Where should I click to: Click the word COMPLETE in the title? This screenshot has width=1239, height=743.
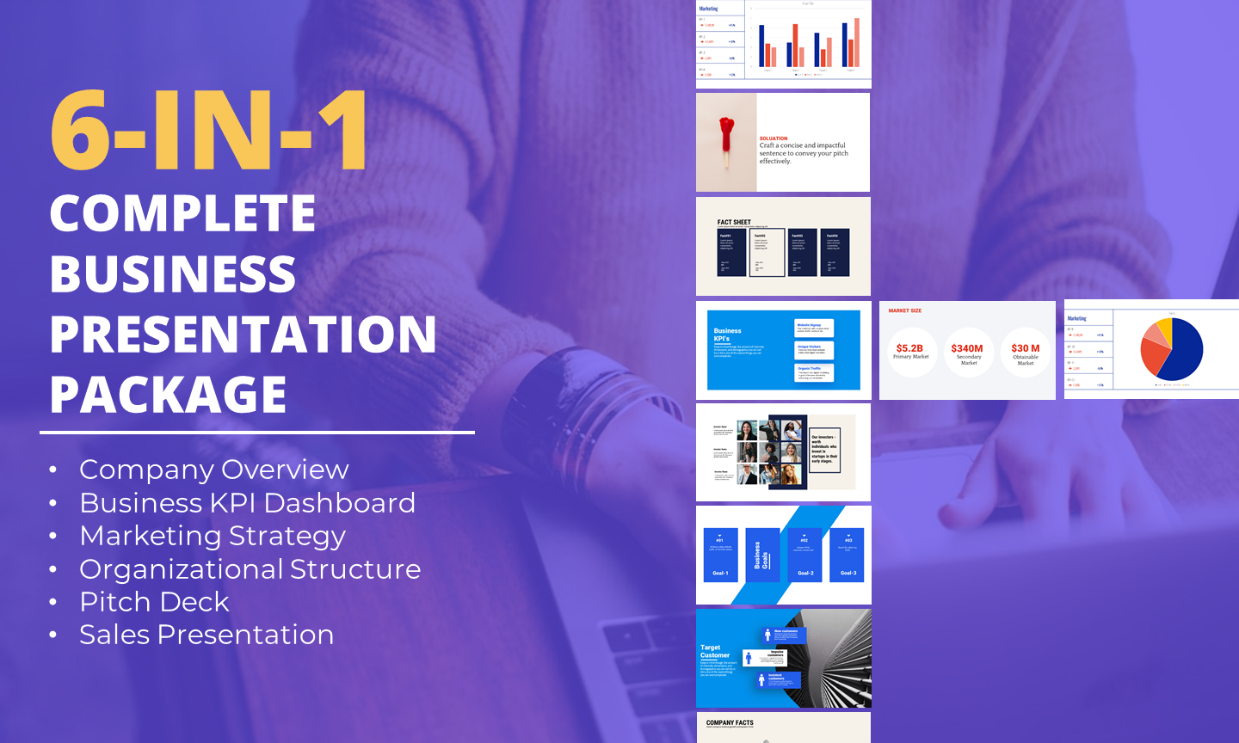(x=182, y=213)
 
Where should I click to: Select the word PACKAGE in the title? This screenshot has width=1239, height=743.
(x=168, y=395)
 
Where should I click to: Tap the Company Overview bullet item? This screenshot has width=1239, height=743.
(x=213, y=470)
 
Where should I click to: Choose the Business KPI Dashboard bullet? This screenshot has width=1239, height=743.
(x=247, y=503)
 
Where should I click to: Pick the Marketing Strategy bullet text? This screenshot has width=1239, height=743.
(x=213, y=536)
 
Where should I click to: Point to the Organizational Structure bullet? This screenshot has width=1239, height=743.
(x=250, y=569)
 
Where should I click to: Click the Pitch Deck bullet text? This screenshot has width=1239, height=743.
(x=154, y=602)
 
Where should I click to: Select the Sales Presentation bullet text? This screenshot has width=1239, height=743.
(x=206, y=635)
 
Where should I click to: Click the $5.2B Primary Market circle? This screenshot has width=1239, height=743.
(x=910, y=352)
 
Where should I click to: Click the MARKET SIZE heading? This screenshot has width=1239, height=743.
(x=904, y=310)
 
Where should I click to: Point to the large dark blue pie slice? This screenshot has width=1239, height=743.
(x=1185, y=351)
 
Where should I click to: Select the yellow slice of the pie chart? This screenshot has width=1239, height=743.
(x=1163, y=328)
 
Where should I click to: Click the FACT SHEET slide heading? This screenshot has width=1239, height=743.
(x=734, y=222)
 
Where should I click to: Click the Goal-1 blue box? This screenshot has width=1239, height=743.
(x=720, y=556)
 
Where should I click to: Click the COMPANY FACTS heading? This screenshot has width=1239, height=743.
(x=730, y=722)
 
